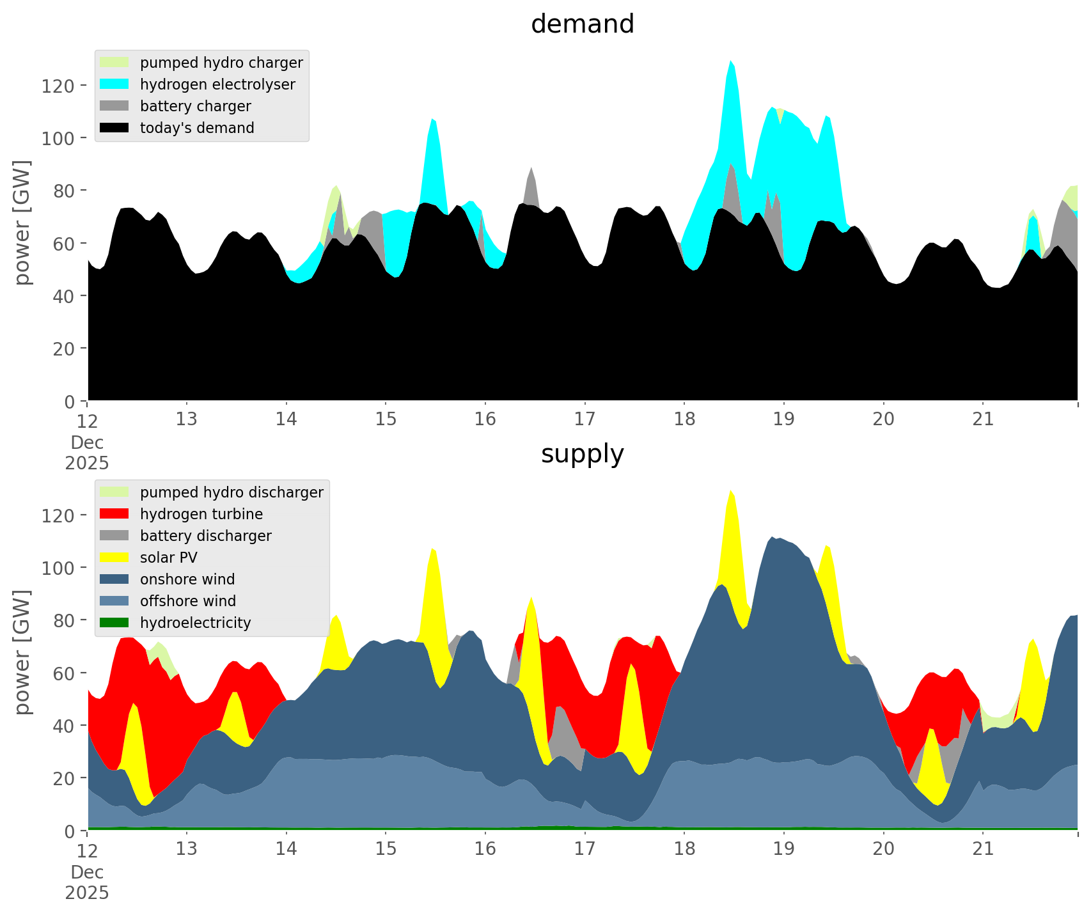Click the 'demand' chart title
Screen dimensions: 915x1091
click(582, 24)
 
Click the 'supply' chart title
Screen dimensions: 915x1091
click(582, 454)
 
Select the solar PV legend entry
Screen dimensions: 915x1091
click(168, 558)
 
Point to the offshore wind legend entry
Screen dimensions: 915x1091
click(187, 601)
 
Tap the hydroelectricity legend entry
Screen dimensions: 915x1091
click(195, 623)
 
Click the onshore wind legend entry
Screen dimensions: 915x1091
click(187, 579)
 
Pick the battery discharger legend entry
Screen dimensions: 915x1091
click(205, 536)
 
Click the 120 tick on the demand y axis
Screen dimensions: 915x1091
click(58, 86)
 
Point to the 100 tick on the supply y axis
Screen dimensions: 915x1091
click(58, 568)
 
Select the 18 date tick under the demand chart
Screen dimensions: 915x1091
click(684, 419)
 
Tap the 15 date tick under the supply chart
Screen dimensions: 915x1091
click(386, 849)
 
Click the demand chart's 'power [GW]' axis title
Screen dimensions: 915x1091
click(22, 223)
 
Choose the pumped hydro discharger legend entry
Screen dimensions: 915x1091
click(231, 492)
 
